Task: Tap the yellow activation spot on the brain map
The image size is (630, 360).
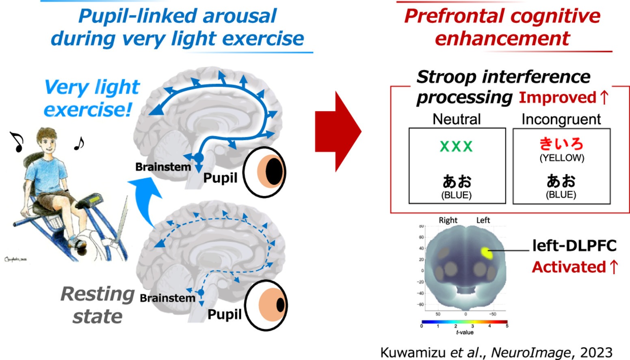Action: click(487, 253)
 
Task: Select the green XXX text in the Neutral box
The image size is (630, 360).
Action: click(456, 146)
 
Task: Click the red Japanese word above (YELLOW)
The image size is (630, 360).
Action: click(561, 144)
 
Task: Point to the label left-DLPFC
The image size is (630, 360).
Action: click(574, 245)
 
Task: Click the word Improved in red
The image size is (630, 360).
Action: click(557, 98)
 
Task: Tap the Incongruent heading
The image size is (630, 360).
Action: click(561, 119)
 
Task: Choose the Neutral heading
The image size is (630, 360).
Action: click(457, 119)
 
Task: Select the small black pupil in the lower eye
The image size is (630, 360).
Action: click(281, 305)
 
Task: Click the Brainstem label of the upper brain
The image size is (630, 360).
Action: click(163, 167)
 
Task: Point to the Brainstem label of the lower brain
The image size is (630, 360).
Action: click(167, 298)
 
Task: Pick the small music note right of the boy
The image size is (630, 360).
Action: click(79, 143)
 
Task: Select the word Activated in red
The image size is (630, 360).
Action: click(569, 267)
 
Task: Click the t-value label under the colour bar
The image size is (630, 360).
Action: click(465, 332)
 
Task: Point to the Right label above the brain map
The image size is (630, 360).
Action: click(448, 220)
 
